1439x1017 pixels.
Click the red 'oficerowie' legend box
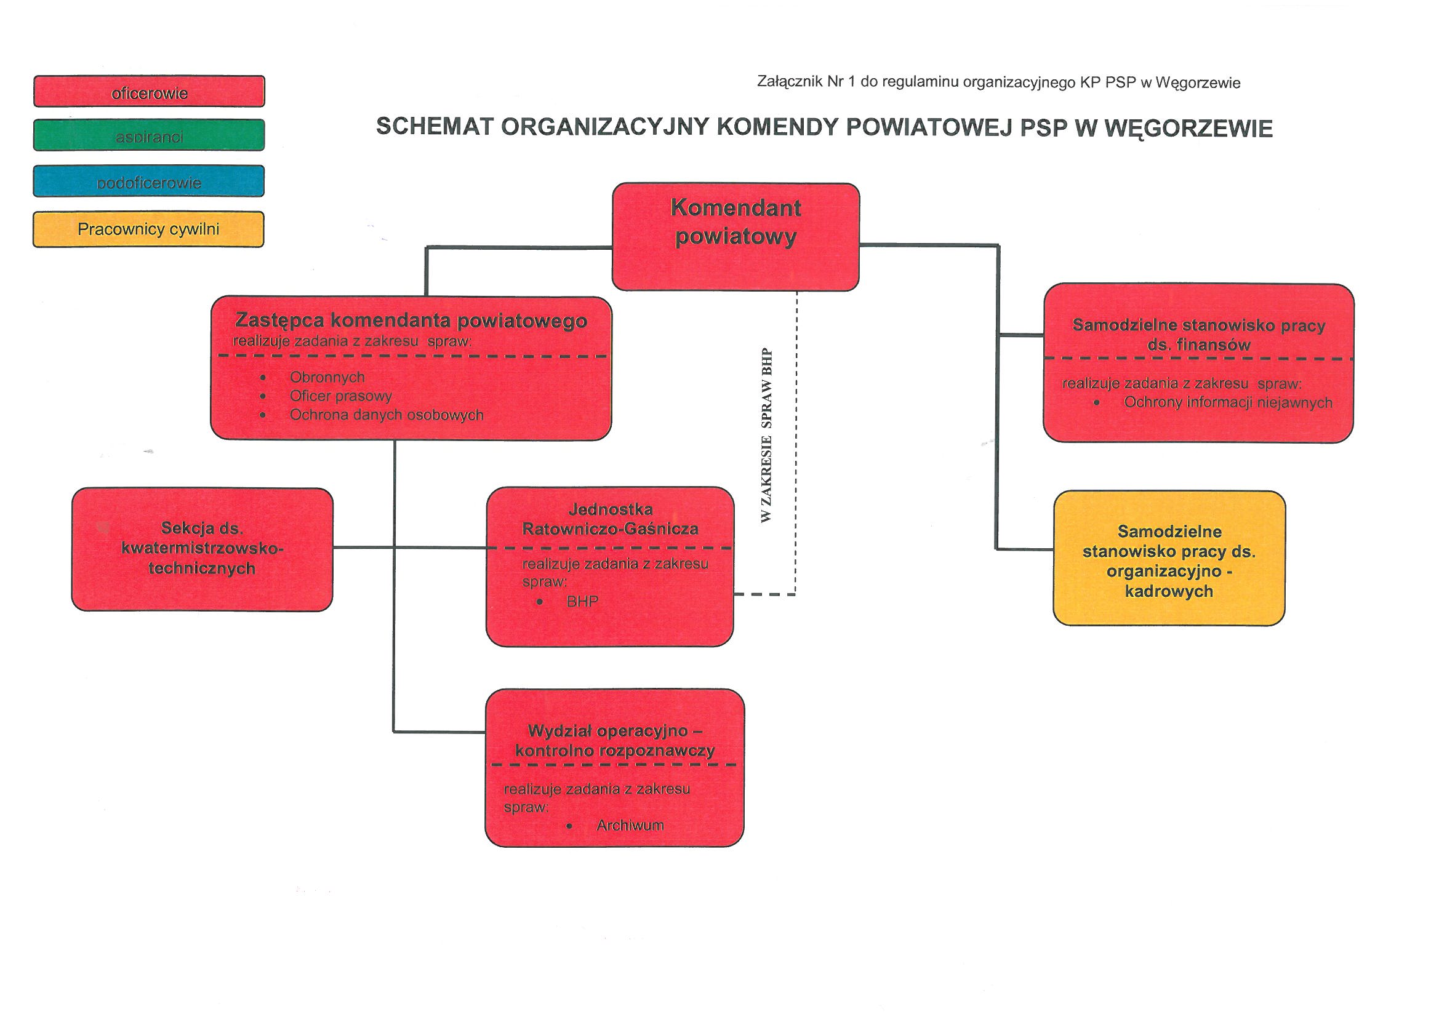point(149,92)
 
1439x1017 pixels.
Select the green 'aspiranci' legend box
point(149,135)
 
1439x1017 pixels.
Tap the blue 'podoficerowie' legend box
point(149,181)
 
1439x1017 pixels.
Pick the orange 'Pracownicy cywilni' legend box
point(148,229)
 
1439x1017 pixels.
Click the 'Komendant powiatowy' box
point(735,237)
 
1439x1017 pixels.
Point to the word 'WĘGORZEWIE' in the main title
point(1188,129)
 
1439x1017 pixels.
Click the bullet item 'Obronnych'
point(327,377)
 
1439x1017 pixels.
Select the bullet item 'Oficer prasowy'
point(341,396)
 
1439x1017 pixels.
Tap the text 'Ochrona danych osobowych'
point(387,415)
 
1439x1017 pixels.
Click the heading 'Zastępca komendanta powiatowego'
point(411,321)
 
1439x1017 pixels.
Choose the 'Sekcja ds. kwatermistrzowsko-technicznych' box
point(202,549)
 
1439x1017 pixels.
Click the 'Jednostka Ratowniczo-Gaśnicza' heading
point(611,519)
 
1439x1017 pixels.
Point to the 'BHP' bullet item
point(582,602)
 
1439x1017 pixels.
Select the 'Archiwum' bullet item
point(630,825)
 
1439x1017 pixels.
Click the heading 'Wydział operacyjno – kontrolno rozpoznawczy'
point(615,741)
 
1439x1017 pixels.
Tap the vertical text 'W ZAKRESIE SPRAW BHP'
point(766,436)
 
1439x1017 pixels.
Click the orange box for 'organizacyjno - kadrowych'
point(1169,558)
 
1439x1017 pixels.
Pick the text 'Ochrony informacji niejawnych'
point(1228,402)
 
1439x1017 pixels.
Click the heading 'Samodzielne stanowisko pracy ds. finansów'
point(1199,335)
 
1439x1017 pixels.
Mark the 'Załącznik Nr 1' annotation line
point(998,82)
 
